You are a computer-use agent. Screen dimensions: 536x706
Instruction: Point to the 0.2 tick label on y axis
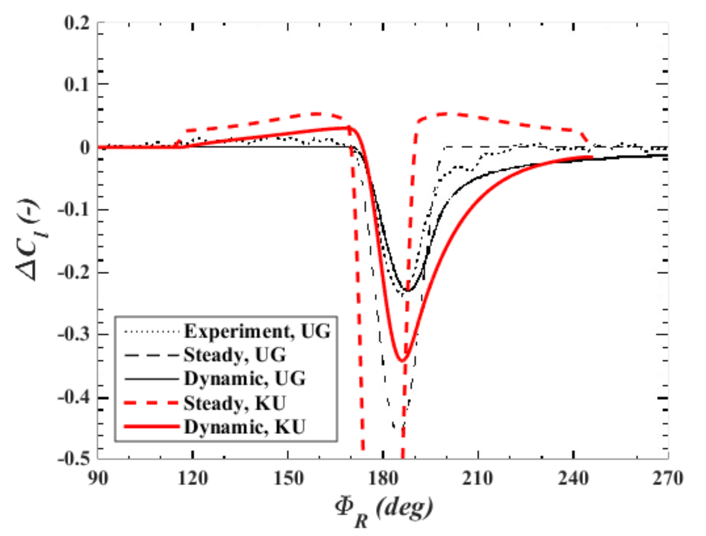pos(77,23)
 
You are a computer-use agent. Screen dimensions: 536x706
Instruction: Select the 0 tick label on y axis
pos(85,147)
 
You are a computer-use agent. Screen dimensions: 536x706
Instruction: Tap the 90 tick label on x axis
pos(98,478)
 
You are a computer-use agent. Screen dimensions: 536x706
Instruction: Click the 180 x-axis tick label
pos(383,478)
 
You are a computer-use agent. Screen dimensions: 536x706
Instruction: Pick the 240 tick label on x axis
pos(573,478)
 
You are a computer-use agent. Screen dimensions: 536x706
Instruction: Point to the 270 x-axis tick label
pos(668,478)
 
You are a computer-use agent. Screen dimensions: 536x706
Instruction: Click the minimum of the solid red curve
pos(402,361)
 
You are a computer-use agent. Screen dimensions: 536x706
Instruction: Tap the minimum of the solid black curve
pos(408,291)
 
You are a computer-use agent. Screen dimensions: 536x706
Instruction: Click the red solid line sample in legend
pos(152,427)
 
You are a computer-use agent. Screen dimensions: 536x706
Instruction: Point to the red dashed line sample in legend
pos(152,403)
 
